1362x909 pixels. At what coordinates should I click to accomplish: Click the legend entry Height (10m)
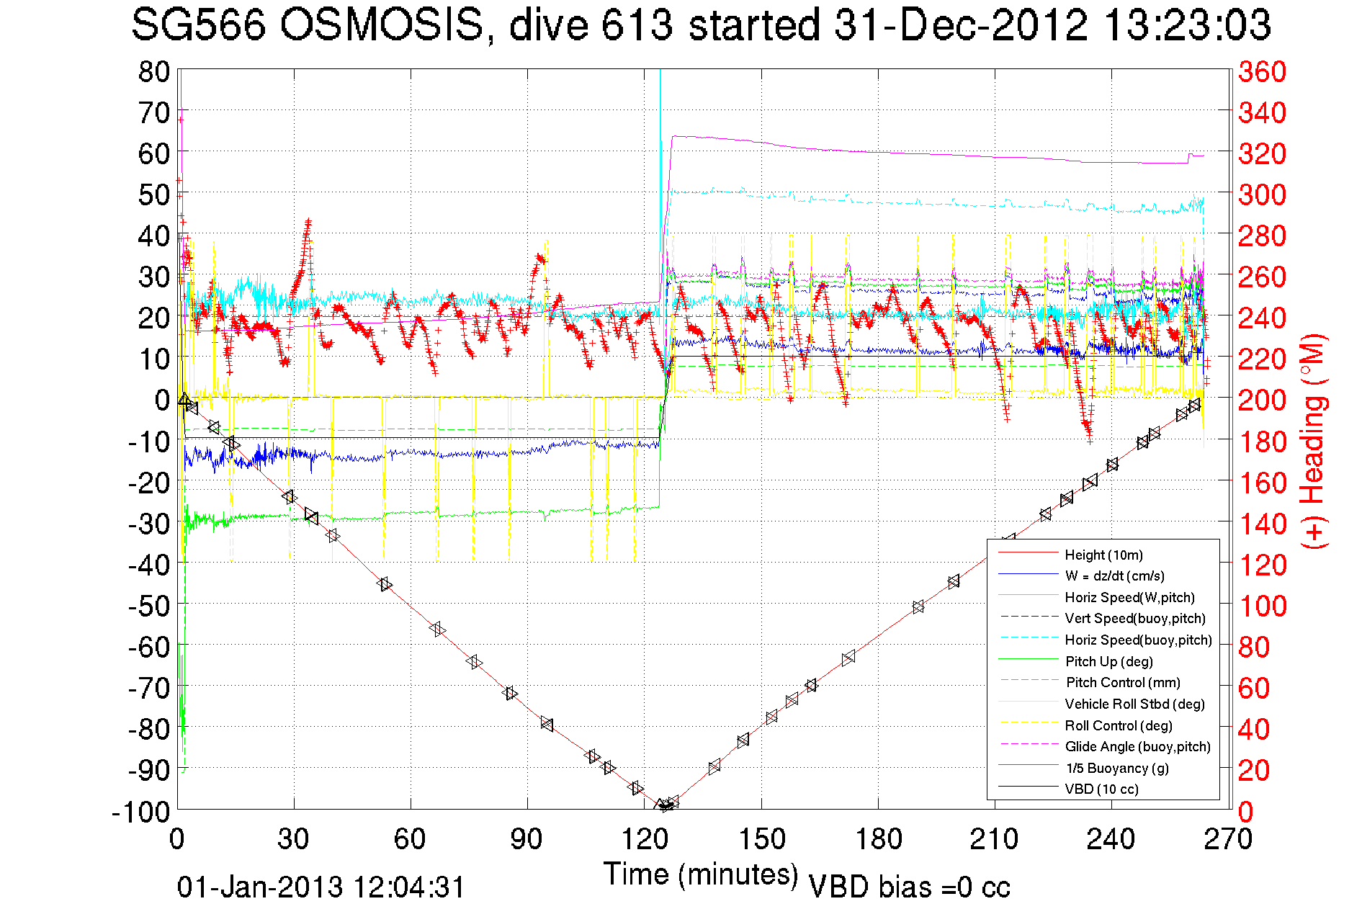pos(1103,555)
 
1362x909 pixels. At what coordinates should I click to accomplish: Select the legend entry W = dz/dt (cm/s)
pos(1114,576)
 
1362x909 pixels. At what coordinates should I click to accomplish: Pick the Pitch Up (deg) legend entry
pos(1108,661)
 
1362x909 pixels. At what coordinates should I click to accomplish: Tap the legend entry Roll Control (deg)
pos(1119,725)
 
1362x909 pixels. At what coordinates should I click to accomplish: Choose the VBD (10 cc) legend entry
pos(1101,789)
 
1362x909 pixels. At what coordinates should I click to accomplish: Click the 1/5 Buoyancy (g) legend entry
pos(1116,768)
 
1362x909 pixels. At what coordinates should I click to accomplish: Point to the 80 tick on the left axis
pos(153,71)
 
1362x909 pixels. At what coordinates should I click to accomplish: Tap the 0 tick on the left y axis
pos(162,399)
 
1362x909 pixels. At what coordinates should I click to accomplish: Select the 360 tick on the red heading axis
pos(1262,71)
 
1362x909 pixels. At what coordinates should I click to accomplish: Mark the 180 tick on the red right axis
pos(1262,442)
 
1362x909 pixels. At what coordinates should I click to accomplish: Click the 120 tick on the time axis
pos(644,839)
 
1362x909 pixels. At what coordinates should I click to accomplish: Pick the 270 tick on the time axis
pos(1228,839)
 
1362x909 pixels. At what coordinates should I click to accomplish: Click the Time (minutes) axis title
pos(700,874)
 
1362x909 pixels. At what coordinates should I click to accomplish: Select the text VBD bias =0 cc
pos(909,887)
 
